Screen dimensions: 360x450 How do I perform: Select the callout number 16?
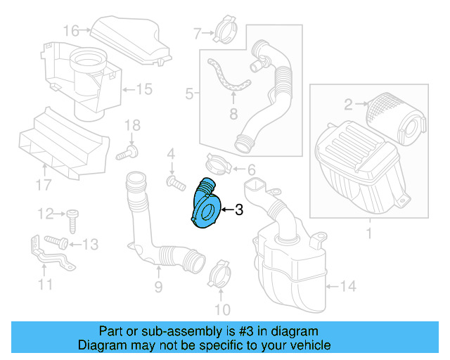[x=72, y=30]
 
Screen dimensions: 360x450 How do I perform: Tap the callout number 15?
[x=143, y=89]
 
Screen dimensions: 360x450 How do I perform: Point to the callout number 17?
[x=44, y=186]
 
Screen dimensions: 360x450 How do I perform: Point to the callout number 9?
[x=158, y=286]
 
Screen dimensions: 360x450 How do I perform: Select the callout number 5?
[x=189, y=93]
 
